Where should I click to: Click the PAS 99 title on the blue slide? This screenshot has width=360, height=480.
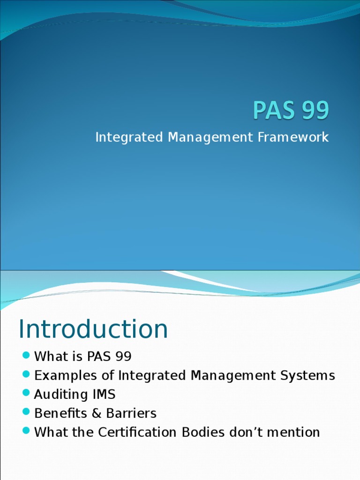(x=291, y=111)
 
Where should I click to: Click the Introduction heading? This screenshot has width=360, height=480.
(x=93, y=329)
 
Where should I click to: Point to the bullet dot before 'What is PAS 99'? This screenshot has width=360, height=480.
(x=26, y=356)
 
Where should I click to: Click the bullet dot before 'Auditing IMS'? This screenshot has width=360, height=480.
(x=26, y=394)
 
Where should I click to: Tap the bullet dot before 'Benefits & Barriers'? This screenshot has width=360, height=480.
(x=26, y=412)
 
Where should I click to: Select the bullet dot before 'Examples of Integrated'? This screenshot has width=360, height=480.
(x=26, y=375)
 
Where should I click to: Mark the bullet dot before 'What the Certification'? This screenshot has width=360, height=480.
(x=26, y=431)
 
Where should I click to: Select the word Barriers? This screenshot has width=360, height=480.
(x=131, y=413)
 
